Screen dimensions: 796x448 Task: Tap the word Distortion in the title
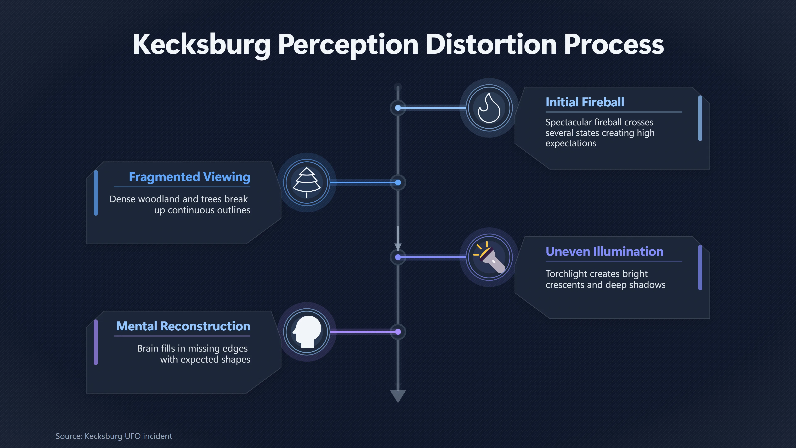click(x=491, y=45)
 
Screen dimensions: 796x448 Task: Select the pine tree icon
click(x=307, y=183)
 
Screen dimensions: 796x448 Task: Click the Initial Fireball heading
click(x=585, y=102)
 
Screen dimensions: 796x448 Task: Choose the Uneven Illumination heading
click(x=604, y=251)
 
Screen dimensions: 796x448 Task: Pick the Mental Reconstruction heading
click(x=183, y=326)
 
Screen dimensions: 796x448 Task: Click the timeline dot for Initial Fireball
click(x=398, y=108)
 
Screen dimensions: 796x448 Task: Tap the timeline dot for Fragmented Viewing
click(x=398, y=183)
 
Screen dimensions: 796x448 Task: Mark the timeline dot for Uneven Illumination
click(x=398, y=257)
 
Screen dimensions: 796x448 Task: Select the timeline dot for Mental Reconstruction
click(x=398, y=332)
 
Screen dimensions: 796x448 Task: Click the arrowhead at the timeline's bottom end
click(x=398, y=396)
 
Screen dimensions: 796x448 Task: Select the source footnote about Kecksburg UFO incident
click(x=114, y=436)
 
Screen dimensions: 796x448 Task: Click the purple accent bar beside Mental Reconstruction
click(x=96, y=342)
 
